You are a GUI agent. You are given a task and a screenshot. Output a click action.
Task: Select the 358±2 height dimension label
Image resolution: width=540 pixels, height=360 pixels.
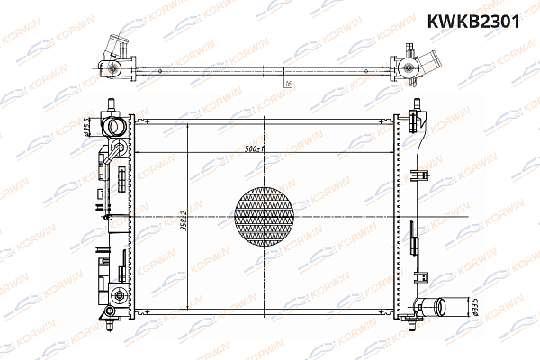point(183,215)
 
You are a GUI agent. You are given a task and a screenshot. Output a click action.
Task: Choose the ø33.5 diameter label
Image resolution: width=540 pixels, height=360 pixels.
point(474,308)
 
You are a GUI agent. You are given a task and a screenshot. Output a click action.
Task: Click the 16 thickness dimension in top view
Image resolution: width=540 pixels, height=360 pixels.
point(286,83)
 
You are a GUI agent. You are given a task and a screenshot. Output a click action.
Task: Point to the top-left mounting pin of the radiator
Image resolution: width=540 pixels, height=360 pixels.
point(110,104)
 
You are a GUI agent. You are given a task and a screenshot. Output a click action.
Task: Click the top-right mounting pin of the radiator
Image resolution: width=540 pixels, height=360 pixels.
point(416,104)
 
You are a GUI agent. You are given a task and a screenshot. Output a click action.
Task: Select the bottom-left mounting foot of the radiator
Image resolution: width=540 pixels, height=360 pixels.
point(109,314)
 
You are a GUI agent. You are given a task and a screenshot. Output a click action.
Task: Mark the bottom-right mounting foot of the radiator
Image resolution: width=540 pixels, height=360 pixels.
point(415,315)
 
